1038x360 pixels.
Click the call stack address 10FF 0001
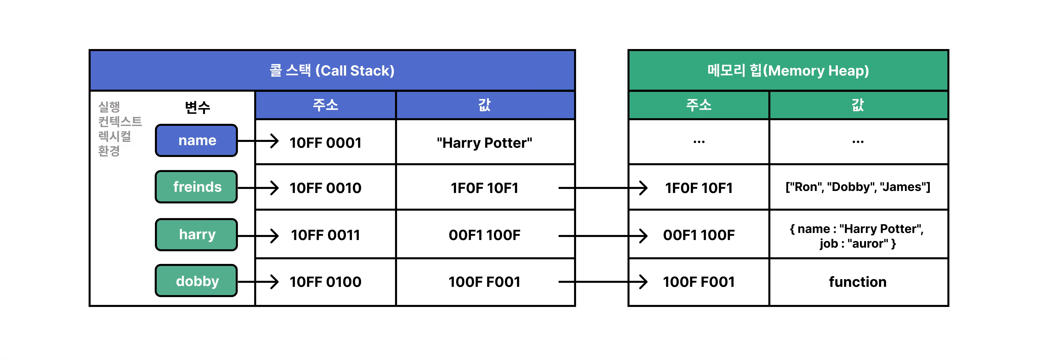[x=326, y=143]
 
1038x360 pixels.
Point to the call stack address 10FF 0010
[x=326, y=188]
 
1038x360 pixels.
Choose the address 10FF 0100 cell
[x=326, y=282]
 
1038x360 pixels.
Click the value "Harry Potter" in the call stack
[x=484, y=143]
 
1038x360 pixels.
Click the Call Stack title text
[x=332, y=71]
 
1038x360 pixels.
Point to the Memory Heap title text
[x=788, y=71]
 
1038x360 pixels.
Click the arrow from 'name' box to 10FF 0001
[x=258, y=141]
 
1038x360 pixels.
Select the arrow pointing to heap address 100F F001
[x=603, y=282]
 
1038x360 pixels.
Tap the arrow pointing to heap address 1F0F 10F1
[x=603, y=188]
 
